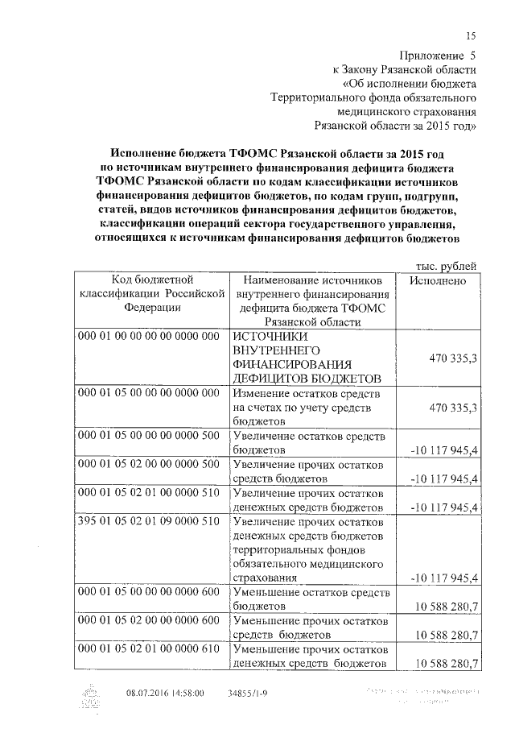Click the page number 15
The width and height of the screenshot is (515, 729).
[x=472, y=35]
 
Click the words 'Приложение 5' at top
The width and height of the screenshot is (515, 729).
[x=436, y=56]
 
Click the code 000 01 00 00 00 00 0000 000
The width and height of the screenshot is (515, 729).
[x=148, y=337]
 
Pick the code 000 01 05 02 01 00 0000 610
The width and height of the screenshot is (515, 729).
[x=148, y=649]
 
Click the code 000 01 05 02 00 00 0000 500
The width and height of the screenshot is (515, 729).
[x=148, y=466]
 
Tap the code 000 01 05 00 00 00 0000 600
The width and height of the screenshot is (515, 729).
[x=148, y=594]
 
